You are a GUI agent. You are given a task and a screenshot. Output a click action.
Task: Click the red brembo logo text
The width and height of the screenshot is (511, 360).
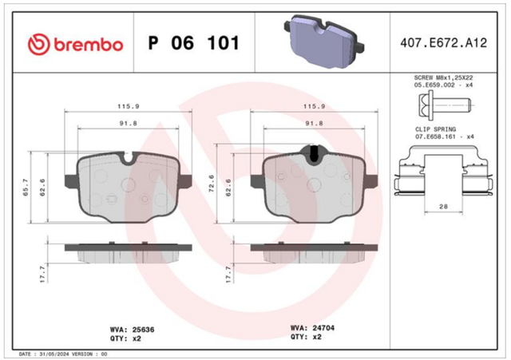[89, 45]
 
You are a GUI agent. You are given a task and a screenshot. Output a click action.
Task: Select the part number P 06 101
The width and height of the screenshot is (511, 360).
[193, 42]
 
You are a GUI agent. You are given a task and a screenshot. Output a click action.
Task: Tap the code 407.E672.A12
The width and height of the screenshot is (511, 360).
[444, 43]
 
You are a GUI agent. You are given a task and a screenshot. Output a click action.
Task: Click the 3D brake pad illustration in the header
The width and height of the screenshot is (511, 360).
[324, 42]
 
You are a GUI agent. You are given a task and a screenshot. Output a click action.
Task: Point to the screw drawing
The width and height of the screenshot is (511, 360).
[444, 105]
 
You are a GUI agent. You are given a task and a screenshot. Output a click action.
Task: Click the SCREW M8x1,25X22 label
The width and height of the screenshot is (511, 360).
[443, 78]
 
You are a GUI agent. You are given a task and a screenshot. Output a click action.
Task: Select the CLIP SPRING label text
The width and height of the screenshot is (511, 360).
[435, 129]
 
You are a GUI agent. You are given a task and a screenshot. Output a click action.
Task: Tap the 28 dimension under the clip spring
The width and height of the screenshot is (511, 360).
[443, 206]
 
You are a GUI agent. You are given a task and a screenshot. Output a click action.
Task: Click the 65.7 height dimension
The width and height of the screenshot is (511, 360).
[26, 188]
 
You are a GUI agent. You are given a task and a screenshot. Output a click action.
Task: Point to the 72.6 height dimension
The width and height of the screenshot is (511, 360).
[212, 184]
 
